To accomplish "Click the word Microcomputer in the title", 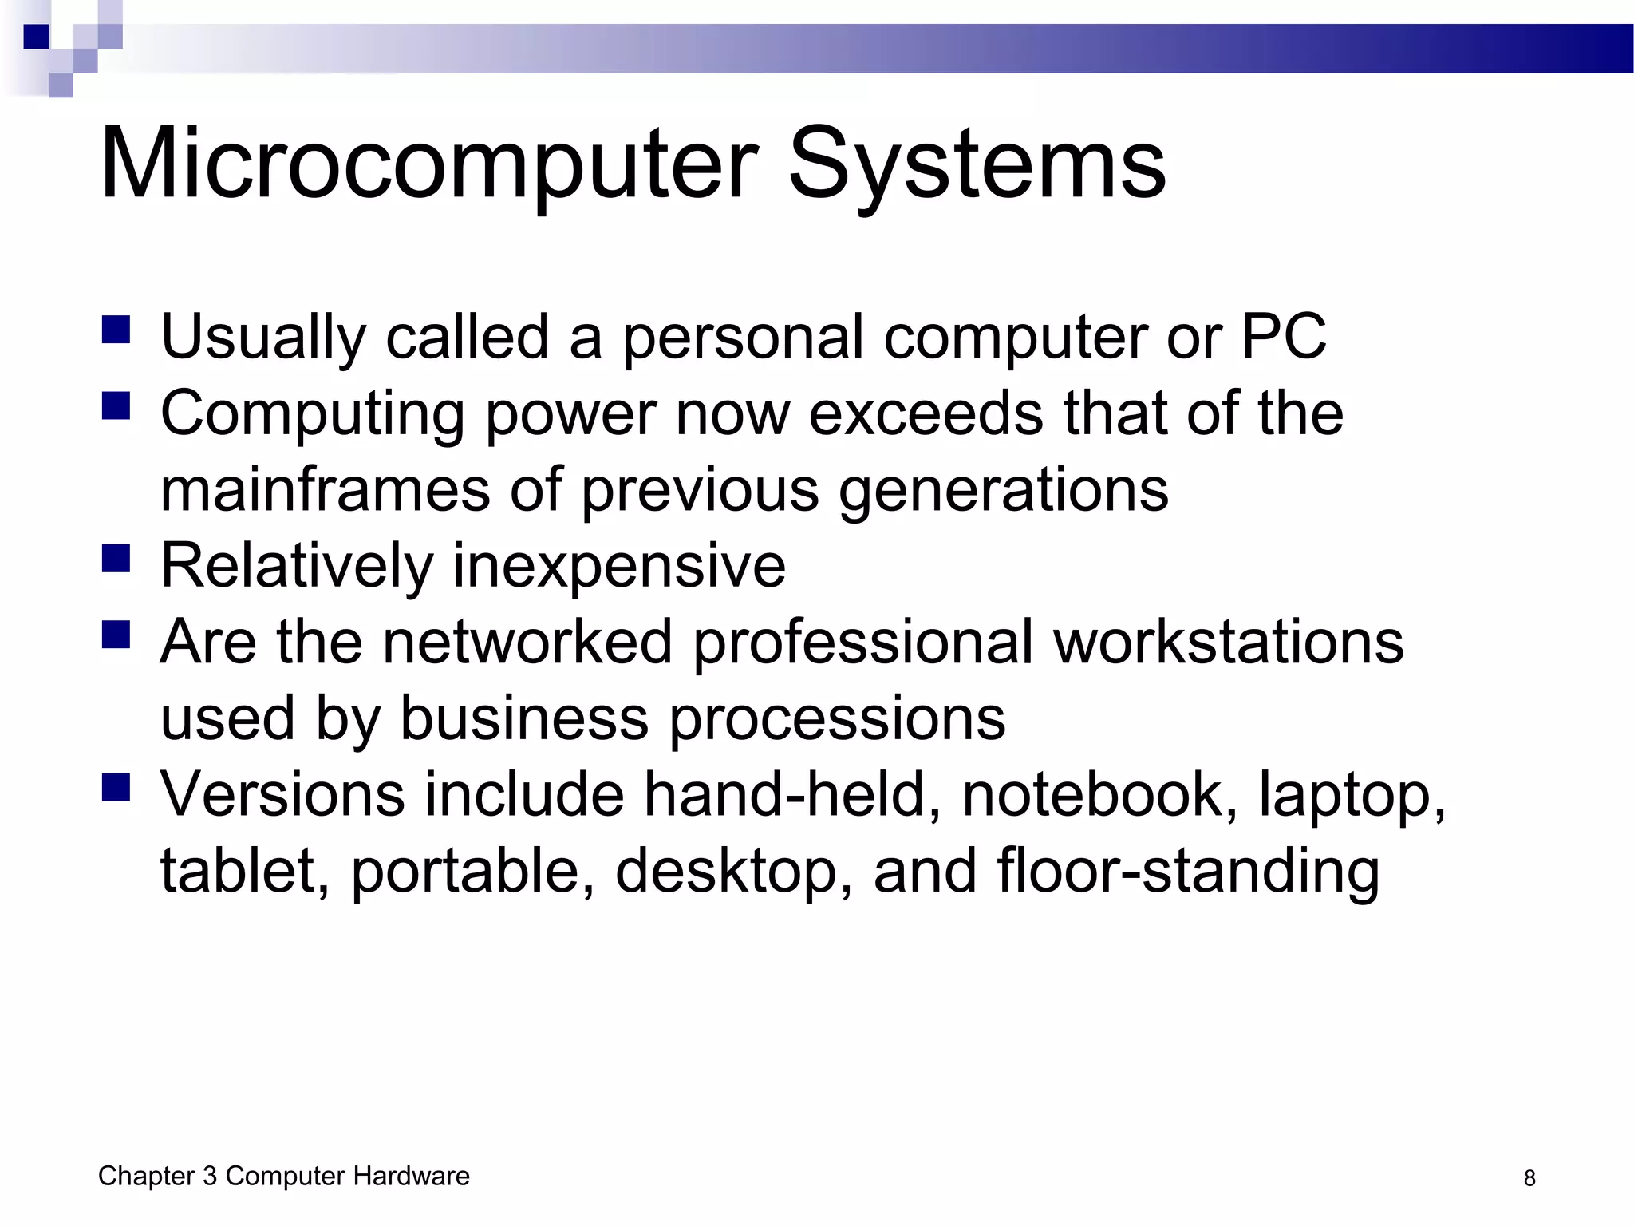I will pos(428,164).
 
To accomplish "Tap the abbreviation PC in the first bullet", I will pos(1284,337).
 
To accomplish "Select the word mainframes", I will pos(326,488).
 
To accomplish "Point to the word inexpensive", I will pos(619,565).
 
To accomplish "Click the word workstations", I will pos(1228,641).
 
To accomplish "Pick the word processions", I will pos(837,718).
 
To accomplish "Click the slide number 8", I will pos(1529,1178).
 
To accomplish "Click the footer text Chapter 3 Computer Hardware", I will pos(283,1176).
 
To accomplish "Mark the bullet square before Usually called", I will pos(116,330).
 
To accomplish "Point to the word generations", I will pos(1003,488).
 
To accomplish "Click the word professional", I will pos(862,641).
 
